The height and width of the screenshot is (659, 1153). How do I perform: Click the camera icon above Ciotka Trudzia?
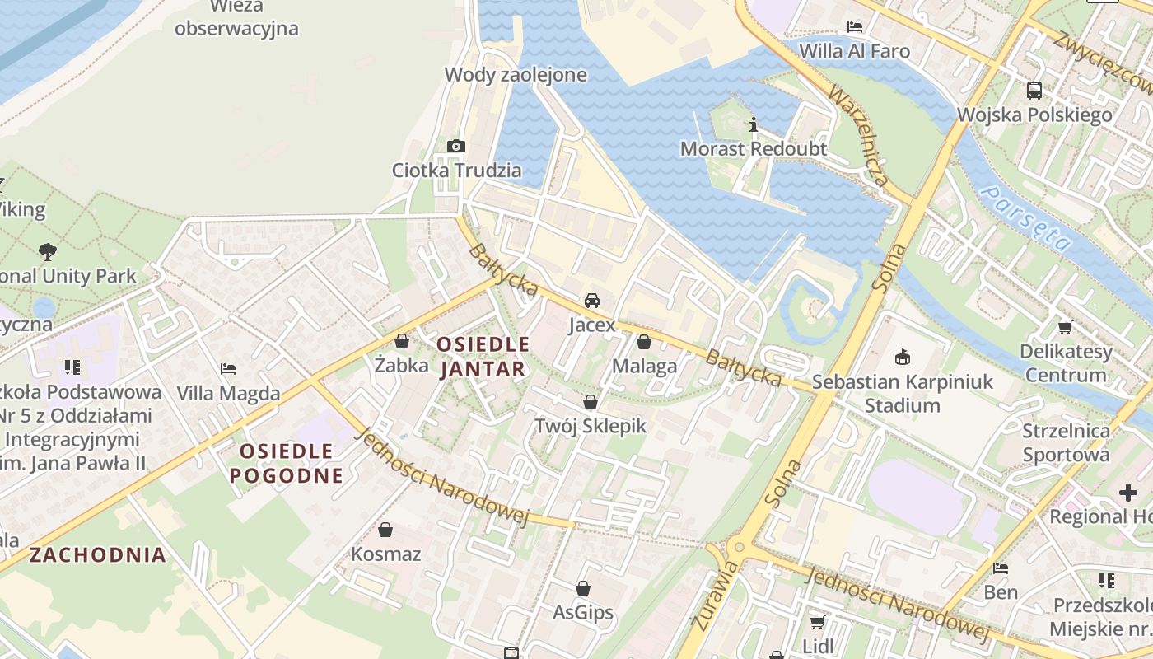click(x=455, y=147)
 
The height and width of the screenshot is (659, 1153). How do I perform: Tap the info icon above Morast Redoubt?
click(x=753, y=125)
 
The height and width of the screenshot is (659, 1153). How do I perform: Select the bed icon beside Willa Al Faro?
click(x=855, y=26)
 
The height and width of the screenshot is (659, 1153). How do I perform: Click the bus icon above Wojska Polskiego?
click(x=1034, y=90)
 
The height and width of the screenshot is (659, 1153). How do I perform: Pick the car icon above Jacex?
click(x=592, y=301)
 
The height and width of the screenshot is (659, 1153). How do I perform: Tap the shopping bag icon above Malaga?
click(x=644, y=341)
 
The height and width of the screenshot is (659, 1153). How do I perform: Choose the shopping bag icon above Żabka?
click(x=402, y=340)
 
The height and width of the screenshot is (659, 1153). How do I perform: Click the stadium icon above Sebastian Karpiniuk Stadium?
click(x=903, y=358)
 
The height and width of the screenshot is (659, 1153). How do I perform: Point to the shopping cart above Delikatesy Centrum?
click(x=1066, y=327)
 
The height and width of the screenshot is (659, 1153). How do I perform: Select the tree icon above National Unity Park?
click(x=48, y=251)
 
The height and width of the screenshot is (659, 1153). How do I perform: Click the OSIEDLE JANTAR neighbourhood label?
click(x=483, y=356)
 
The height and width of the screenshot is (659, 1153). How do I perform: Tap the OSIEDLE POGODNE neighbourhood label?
click(x=287, y=463)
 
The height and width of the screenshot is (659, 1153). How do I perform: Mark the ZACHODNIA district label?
click(x=98, y=554)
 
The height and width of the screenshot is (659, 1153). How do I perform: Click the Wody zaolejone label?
click(x=516, y=75)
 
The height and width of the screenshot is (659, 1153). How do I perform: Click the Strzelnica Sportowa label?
click(x=1066, y=442)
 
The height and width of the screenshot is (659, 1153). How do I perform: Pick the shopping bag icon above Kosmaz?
click(x=385, y=530)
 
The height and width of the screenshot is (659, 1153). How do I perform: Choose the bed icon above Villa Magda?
click(x=228, y=369)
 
